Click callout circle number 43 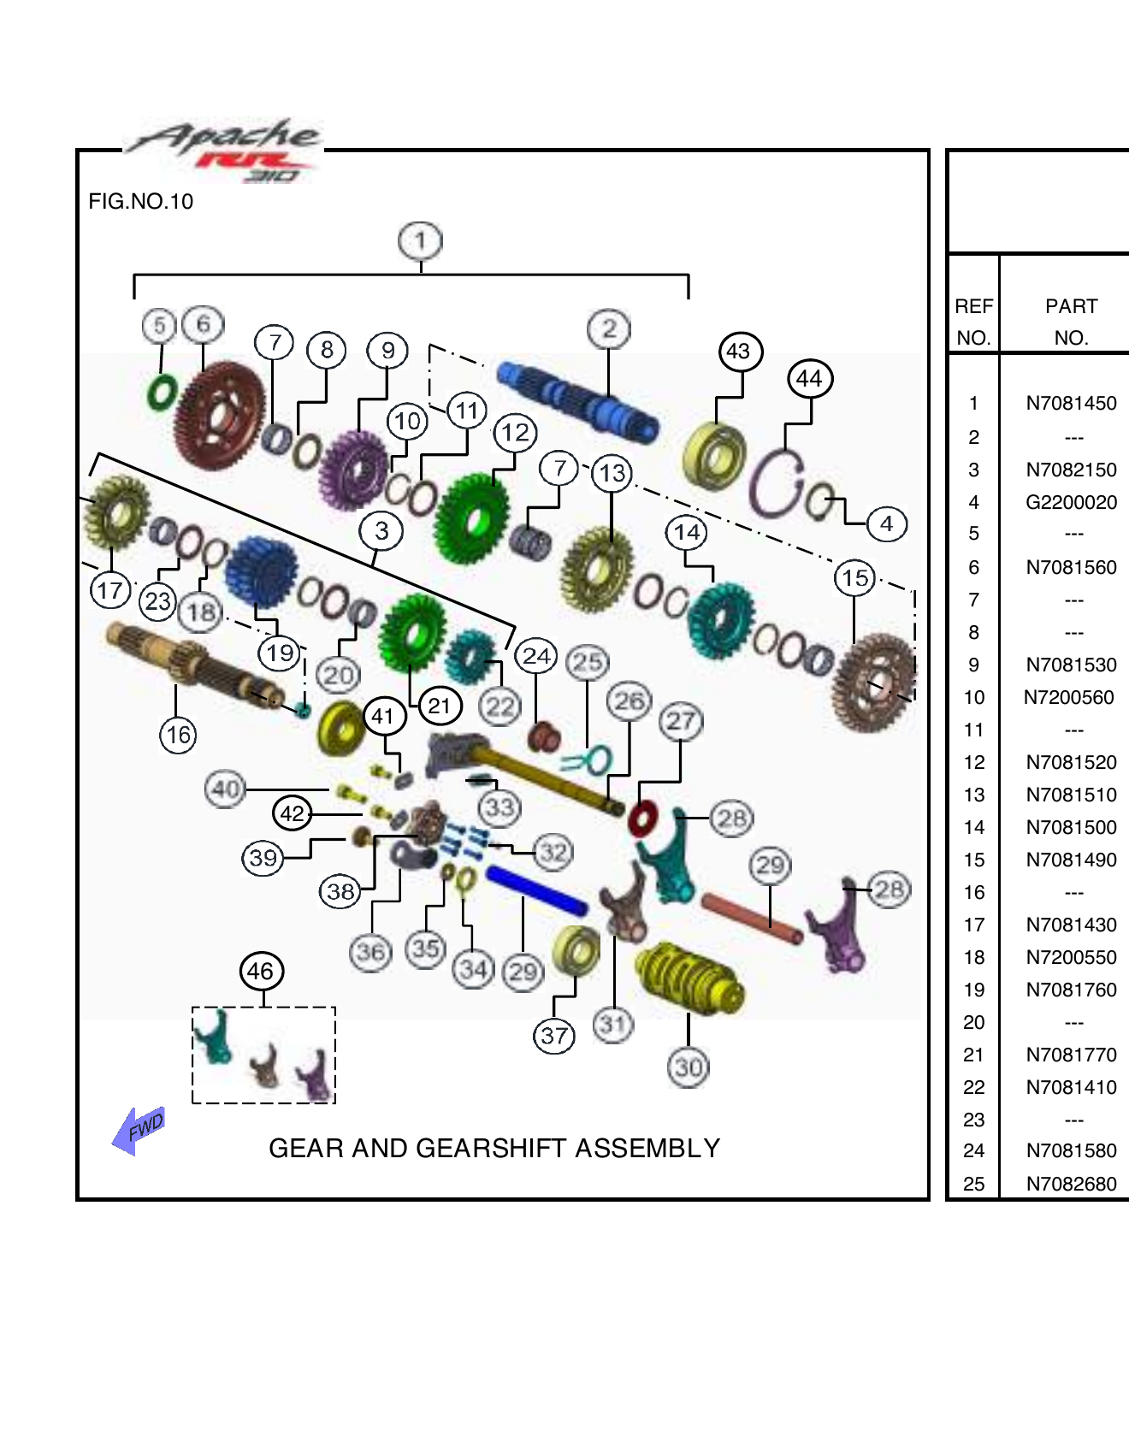coord(739,351)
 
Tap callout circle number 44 coord(809,378)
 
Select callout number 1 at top coord(420,241)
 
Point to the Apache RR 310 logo coord(224,151)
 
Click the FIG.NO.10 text coord(141,202)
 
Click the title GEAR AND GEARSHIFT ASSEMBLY coord(494,1148)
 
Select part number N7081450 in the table coord(1071,404)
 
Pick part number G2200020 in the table coord(1071,502)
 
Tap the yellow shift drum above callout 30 coord(689,978)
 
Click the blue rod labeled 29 coord(535,890)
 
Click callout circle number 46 coord(260,971)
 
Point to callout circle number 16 coord(178,735)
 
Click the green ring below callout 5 coord(162,393)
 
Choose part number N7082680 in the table coord(1071,1184)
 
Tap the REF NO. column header coord(973,322)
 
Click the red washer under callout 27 coord(642,819)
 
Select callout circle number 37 coord(553,1036)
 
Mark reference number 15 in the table coord(973,860)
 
